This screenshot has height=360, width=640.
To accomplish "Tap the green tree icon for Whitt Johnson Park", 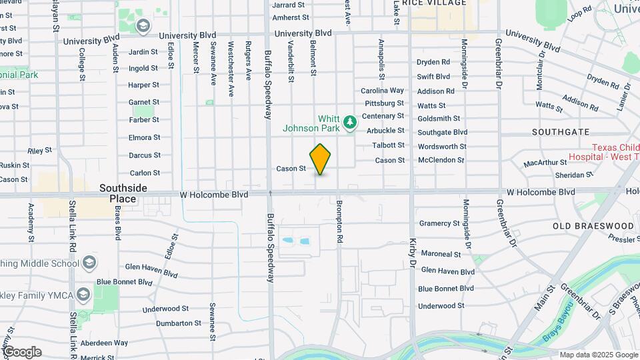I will coord(349,123).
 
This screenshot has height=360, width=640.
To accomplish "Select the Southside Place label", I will coord(123,193).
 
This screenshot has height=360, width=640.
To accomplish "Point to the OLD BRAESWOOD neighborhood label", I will coord(593,226).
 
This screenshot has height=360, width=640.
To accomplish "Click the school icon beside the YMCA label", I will coord(83,294).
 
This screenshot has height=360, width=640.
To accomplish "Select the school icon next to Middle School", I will coord(89,263).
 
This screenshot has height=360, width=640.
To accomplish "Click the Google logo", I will coord(21,352).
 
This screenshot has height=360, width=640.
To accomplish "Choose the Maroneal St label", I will coord(441,254).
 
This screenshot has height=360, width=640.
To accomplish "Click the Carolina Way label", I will coord(382,91).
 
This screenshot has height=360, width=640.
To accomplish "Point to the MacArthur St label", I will coord(545,163).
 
